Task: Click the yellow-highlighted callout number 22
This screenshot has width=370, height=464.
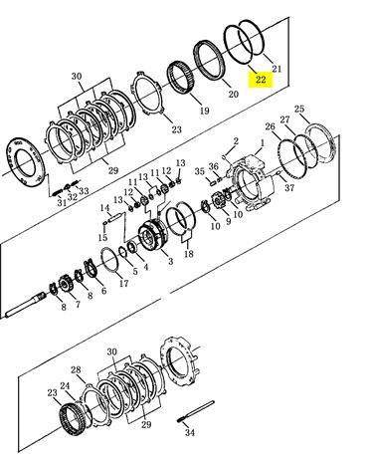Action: click(261, 80)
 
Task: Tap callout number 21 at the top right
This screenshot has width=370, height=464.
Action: click(277, 69)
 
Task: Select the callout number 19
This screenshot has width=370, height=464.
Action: click(205, 111)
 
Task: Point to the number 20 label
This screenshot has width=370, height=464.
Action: click(233, 94)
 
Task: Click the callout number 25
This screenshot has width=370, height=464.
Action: click(299, 109)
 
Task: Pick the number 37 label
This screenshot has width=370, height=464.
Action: click(289, 188)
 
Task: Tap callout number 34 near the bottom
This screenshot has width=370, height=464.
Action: click(190, 432)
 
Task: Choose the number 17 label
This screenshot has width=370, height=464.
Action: click(123, 283)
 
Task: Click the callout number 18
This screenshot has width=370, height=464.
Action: click(188, 254)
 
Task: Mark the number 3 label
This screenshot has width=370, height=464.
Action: click(170, 261)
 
